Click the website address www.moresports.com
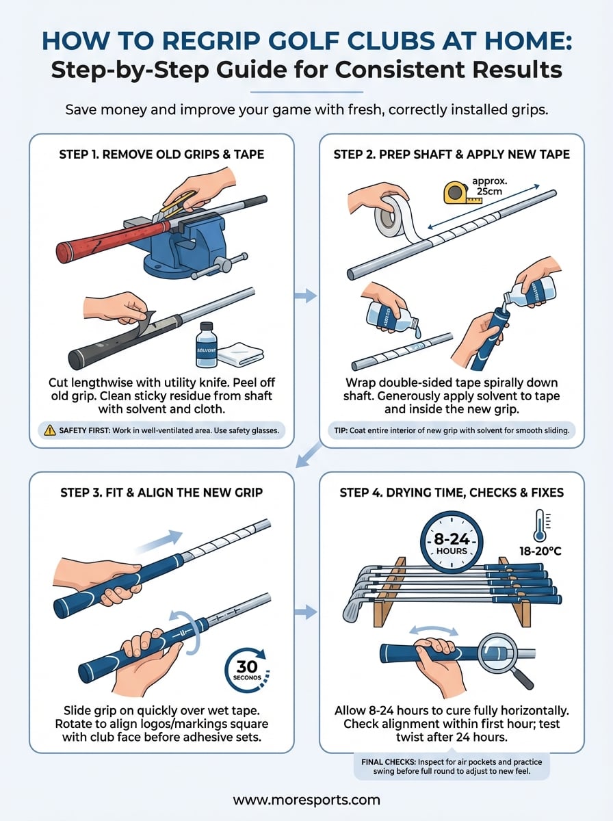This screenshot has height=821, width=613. point(306,799)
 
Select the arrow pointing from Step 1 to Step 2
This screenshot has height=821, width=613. point(306,296)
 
